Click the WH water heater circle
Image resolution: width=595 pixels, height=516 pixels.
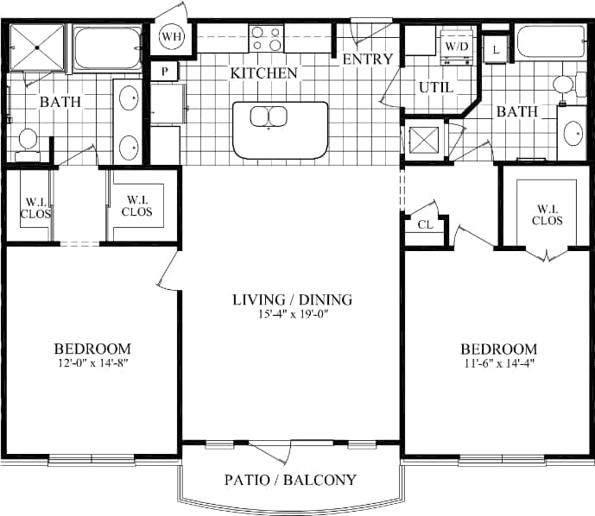coord(172,37)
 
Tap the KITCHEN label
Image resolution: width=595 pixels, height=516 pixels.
coord(263,73)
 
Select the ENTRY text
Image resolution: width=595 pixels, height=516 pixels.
coord(368,60)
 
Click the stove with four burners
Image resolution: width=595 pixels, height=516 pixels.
coord(267,39)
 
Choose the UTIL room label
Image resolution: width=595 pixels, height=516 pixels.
coord(435,87)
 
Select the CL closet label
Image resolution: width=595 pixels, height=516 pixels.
coord(425,224)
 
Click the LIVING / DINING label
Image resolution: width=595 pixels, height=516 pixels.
coord(293,300)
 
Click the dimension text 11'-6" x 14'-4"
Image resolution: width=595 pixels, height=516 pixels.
coord(498,362)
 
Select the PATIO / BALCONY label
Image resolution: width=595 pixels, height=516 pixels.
coord(290,480)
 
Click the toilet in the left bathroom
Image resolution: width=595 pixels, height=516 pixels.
coord(28,141)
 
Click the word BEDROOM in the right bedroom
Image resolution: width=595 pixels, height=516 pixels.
coord(498,349)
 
